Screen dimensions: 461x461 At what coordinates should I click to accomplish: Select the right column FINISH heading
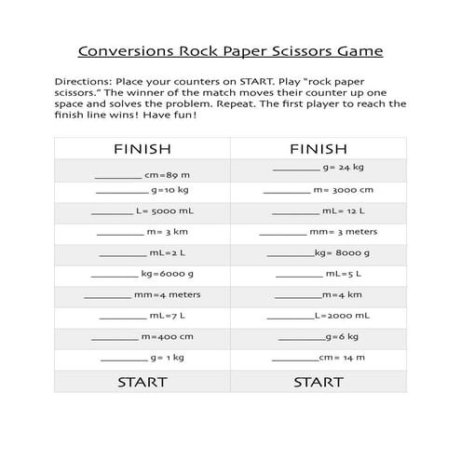(x=318, y=150)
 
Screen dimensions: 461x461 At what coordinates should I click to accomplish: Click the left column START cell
(x=142, y=382)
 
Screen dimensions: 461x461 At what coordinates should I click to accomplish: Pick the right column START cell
(x=319, y=382)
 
